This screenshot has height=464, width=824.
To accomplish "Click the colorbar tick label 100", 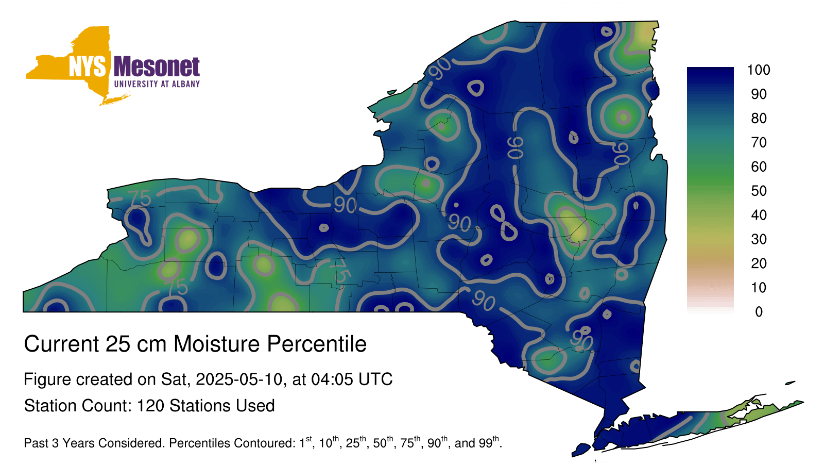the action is pyautogui.click(x=759, y=70).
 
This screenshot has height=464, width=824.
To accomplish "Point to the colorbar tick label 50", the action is pyautogui.click(x=759, y=191).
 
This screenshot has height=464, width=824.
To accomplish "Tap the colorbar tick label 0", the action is pyautogui.click(x=759, y=312).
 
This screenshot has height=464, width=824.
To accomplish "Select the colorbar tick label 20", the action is pyautogui.click(x=759, y=263).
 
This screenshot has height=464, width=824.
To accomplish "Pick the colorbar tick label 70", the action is pyautogui.click(x=759, y=142).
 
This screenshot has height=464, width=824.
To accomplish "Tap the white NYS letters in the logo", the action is pyautogui.click(x=87, y=67).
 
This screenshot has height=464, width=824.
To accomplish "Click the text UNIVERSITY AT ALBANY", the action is pyautogui.click(x=157, y=84).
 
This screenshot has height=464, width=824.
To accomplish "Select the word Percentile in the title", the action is pyautogui.click(x=317, y=344).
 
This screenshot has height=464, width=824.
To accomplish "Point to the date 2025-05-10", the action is pyautogui.click(x=239, y=379).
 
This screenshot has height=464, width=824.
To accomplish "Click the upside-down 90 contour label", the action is pyautogui.click(x=516, y=147).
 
